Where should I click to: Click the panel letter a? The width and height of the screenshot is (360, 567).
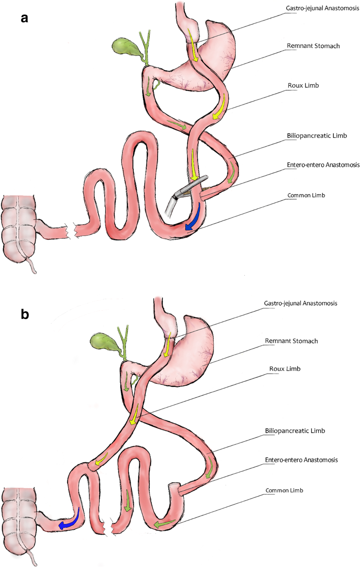(x=25, y=18)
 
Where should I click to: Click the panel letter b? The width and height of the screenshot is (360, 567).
(x=25, y=314)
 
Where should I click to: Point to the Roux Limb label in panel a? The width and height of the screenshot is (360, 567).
(x=303, y=85)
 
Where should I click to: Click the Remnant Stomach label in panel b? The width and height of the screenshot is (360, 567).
(x=291, y=341)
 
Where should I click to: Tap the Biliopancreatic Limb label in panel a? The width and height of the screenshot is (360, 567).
(x=316, y=136)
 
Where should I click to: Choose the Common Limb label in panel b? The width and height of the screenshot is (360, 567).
(x=284, y=490)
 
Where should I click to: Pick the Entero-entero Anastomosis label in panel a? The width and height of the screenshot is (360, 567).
(x=323, y=165)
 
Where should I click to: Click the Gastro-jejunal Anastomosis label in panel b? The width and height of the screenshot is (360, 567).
(x=300, y=303)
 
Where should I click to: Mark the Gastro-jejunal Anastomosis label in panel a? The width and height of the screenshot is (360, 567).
(x=322, y=8)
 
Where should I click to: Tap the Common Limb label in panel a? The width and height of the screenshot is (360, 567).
(x=306, y=195)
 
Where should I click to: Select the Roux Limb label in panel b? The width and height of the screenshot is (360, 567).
(x=285, y=369)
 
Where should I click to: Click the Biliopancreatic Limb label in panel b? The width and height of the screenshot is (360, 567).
(x=295, y=431)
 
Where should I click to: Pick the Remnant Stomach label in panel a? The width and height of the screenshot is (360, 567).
(x=313, y=46)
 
